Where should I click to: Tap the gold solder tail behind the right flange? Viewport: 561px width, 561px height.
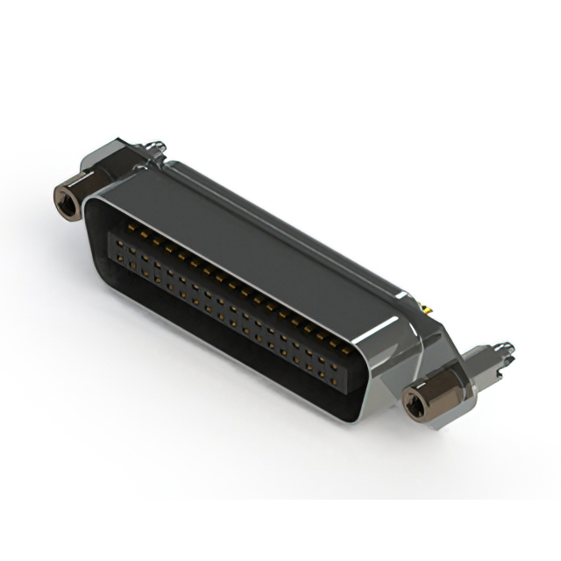click(428, 309)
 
